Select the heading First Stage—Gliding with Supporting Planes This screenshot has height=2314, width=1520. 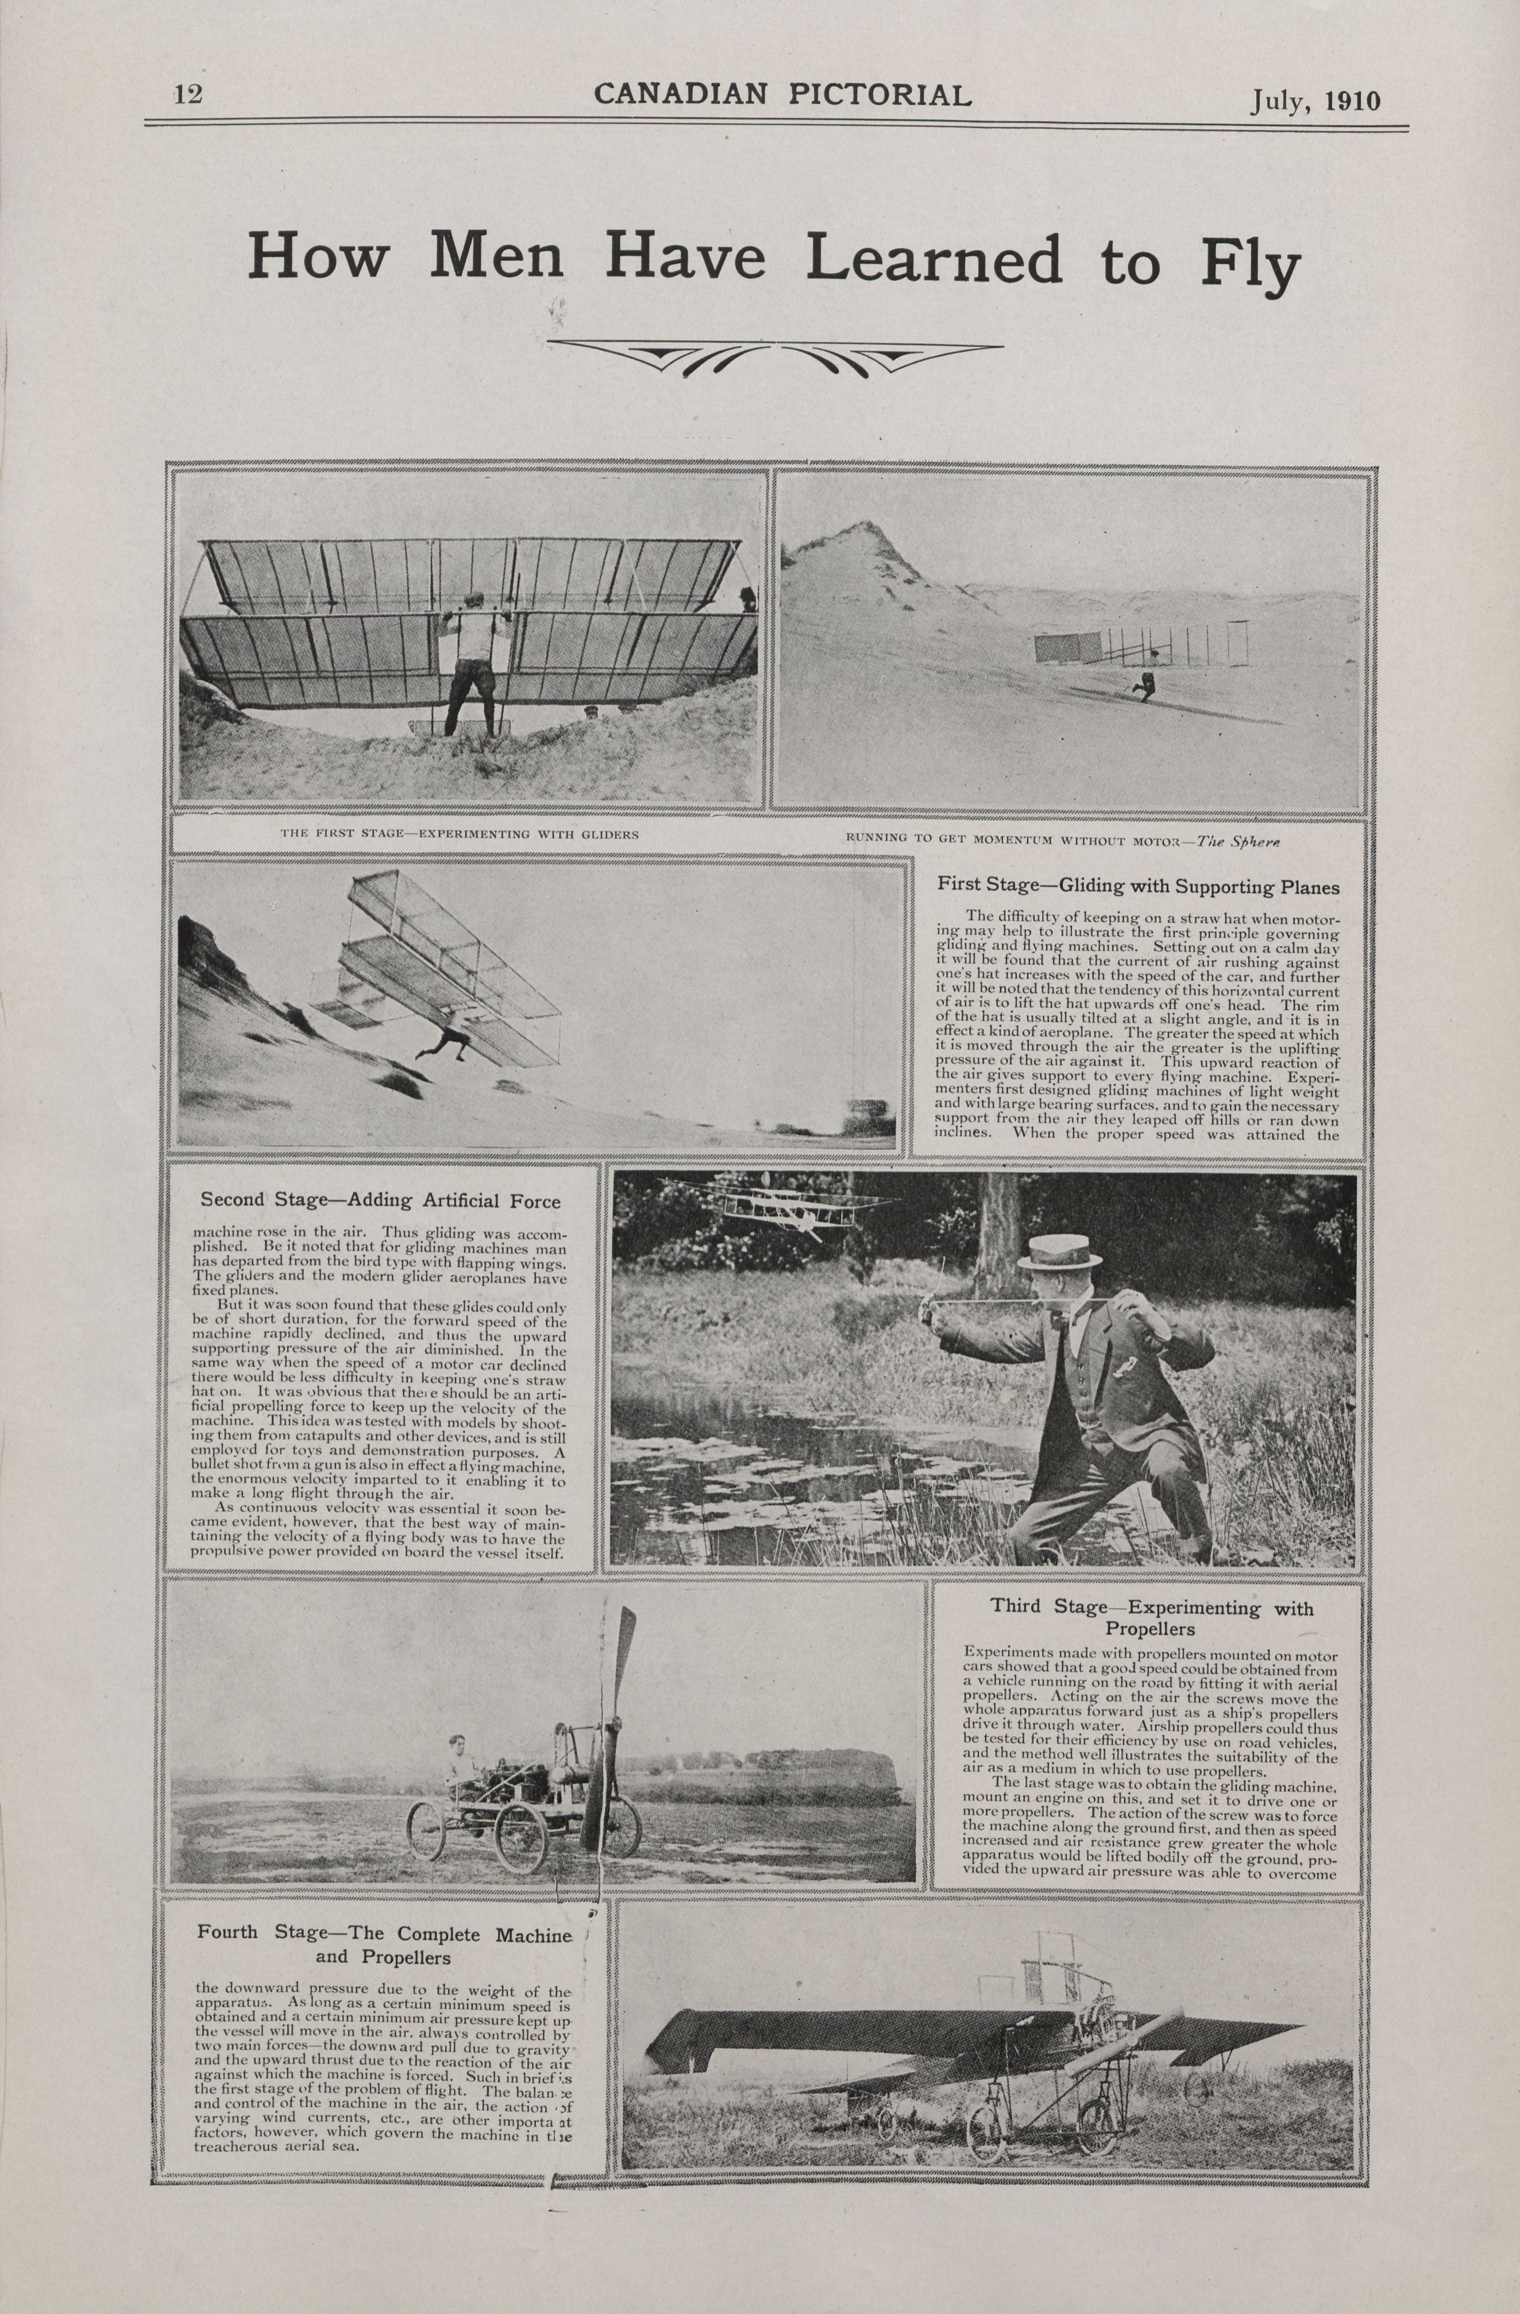(1138, 887)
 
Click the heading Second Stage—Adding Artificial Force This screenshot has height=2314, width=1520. (380, 1202)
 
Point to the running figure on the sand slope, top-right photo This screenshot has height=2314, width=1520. (1145, 685)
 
